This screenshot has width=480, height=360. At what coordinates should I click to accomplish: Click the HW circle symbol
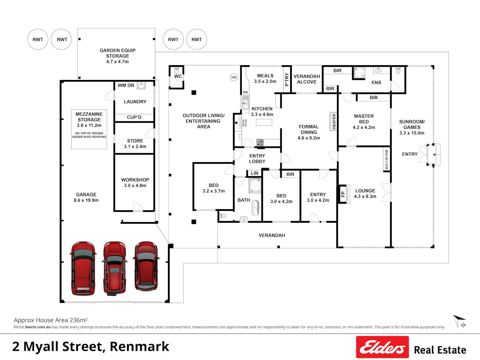tap(234, 77)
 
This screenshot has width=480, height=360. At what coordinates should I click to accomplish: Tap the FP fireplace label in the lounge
tap(343, 194)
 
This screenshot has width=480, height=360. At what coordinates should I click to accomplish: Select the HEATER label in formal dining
tap(334, 121)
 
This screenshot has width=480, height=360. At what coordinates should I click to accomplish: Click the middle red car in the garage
tap(115, 268)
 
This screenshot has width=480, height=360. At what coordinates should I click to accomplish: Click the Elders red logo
tap(382, 347)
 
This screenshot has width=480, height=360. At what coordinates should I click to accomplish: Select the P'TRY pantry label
tap(287, 80)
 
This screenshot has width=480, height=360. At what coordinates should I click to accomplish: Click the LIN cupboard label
tap(254, 173)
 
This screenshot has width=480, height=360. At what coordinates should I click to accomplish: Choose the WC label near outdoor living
tap(178, 76)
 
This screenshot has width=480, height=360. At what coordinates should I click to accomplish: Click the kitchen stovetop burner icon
tap(260, 143)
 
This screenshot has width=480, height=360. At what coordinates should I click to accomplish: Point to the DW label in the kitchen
tap(245, 92)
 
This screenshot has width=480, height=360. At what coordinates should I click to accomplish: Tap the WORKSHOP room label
tap(135, 180)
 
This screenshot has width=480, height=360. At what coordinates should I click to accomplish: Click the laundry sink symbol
tap(141, 85)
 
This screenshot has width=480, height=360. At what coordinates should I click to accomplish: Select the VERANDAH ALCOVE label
tap(307, 79)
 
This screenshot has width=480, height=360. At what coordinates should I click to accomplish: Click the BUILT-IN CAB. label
tap(387, 159)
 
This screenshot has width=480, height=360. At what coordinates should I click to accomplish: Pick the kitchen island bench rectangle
tap(264, 122)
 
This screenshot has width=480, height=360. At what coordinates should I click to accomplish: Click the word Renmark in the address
tap(139, 347)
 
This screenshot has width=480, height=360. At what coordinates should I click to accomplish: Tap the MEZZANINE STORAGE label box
tap(89, 129)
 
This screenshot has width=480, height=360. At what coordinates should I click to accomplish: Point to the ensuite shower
tap(359, 73)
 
